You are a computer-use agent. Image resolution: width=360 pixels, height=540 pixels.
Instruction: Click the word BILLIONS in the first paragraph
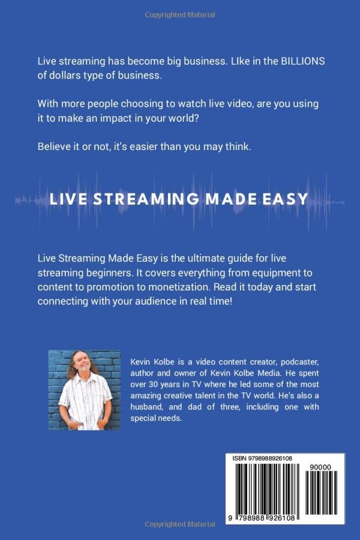tap(292, 62)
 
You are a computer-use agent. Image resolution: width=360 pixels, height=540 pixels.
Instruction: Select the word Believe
tap(56, 146)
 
